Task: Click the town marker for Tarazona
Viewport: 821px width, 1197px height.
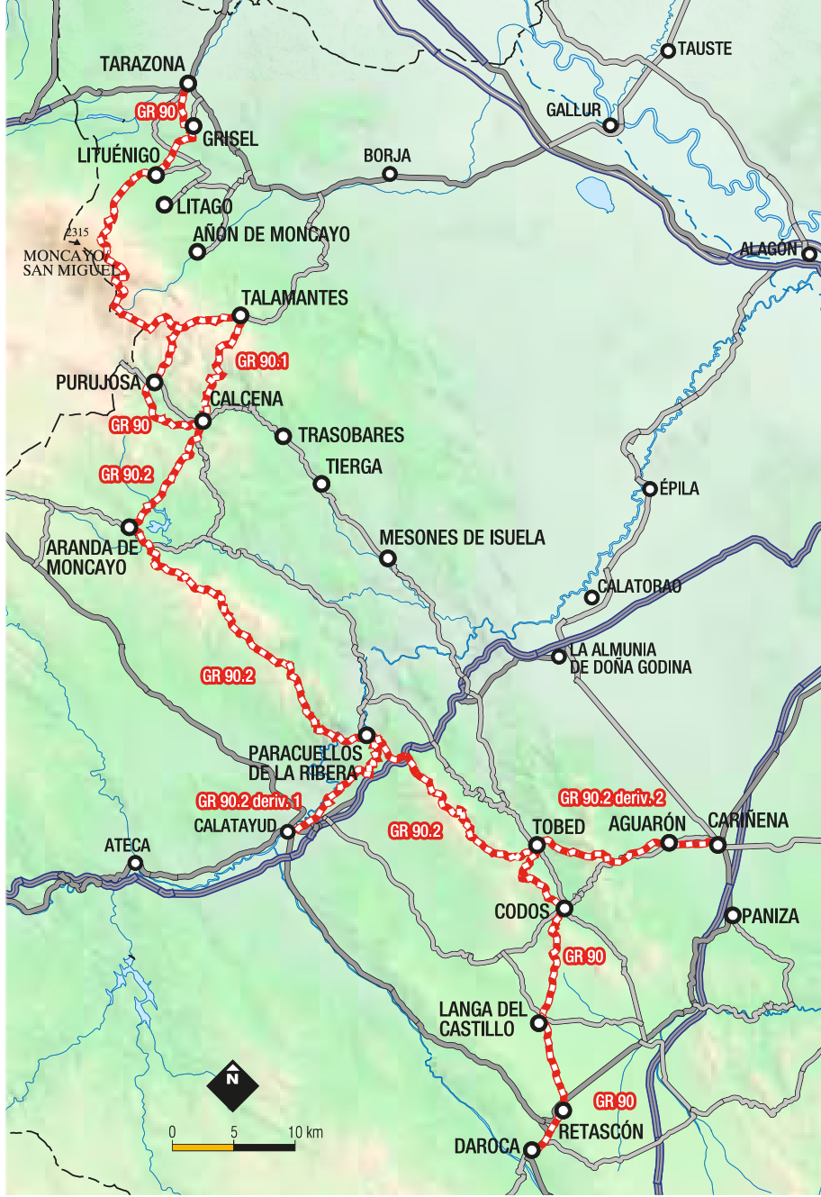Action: [188, 84]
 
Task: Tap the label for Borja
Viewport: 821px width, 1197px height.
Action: [387, 156]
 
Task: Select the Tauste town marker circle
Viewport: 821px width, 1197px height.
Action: [668, 50]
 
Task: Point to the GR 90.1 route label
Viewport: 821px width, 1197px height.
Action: [262, 361]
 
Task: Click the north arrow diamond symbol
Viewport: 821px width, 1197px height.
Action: [233, 1085]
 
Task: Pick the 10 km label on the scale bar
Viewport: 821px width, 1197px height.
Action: [305, 1132]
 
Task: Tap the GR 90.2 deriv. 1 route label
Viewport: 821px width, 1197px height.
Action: [249, 801]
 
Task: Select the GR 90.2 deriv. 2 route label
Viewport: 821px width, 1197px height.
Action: [612, 797]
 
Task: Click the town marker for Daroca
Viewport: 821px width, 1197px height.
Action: [531, 1150]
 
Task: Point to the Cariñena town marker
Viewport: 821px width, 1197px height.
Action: [717, 845]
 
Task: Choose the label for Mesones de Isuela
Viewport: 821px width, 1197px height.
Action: [462, 538]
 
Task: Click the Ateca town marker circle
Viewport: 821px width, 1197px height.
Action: [135, 863]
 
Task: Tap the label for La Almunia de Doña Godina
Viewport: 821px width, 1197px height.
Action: [630, 658]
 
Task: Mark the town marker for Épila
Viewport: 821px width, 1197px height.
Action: [650, 489]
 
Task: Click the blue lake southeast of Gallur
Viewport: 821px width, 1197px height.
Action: [594, 192]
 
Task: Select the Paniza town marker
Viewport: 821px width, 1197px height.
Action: [733, 916]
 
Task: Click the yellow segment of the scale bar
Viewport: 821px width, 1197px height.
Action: [203, 1147]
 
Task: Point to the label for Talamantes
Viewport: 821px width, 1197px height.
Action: [294, 298]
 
